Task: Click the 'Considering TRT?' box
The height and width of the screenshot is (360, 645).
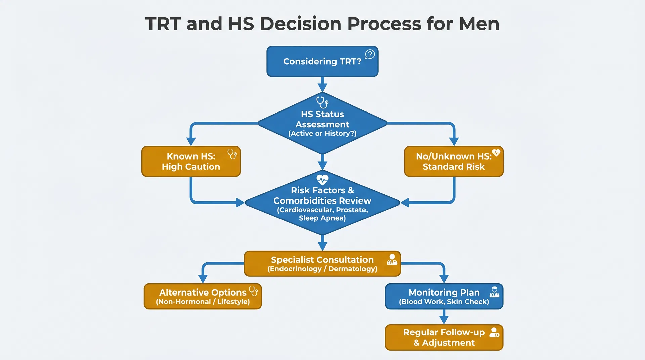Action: coord(322,61)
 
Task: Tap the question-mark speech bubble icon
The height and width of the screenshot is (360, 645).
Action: coord(370,54)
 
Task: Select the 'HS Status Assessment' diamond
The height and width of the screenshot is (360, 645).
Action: coord(322,123)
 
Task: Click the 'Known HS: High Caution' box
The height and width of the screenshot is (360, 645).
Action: coord(191,162)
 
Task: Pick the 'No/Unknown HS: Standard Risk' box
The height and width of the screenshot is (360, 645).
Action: coord(454,162)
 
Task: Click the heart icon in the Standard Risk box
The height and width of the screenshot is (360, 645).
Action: coord(496,153)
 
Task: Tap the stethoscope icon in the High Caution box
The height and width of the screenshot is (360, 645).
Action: coord(232,154)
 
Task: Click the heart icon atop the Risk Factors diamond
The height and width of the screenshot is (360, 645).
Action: coord(322,180)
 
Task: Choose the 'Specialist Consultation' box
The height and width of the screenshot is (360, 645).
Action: coord(322,264)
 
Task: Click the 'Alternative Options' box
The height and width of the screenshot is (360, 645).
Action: coord(203,297)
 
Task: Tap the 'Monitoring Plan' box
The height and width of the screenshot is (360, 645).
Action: coord(444,297)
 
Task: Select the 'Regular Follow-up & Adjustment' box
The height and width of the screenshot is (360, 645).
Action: coord(444,337)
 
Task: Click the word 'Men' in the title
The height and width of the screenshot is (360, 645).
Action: coord(479,24)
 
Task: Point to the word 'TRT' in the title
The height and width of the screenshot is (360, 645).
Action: coord(163,24)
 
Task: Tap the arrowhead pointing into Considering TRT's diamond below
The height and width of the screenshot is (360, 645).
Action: coord(322,88)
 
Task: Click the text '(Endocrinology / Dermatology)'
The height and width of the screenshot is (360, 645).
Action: coord(322,269)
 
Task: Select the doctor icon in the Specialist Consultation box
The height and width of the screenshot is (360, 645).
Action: coord(392,260)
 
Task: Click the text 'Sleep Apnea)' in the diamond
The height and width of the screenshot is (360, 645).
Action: coord(322,218)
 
